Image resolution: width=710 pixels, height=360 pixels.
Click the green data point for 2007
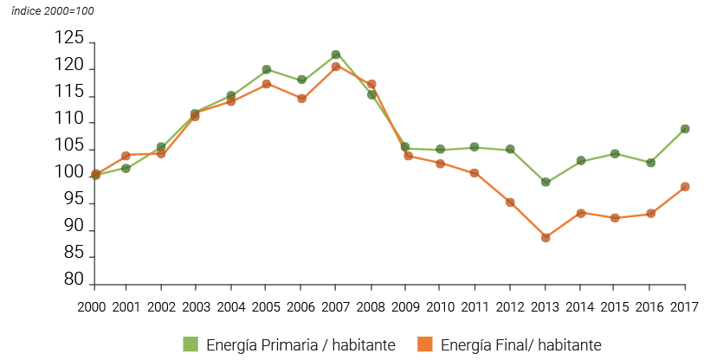coord(336,55)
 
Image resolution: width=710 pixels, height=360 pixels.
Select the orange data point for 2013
coord(545,237)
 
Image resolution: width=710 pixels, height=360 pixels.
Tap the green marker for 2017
coord(685,129)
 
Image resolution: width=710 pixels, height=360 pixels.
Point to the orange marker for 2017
coord(685,187)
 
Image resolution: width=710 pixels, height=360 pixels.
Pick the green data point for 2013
coord(545,183)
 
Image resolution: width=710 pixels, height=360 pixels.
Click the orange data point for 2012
coord(511,202)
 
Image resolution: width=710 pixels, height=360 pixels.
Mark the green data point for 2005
coord(266,69)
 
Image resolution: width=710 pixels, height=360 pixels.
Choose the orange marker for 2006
coord(300,99)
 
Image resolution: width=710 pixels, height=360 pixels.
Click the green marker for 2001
coord(126,168)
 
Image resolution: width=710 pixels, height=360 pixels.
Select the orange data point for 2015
coord(616,218)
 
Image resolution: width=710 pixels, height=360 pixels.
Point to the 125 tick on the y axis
coord(68,39)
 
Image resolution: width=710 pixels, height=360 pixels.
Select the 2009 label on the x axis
coord(405,307)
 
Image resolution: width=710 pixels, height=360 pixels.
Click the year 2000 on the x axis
coord(91,307)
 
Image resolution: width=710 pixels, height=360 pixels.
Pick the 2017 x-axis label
coord(685,307)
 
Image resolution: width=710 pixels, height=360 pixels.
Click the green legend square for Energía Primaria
coord(191,344)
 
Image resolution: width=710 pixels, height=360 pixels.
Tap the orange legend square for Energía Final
coord(426,344)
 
